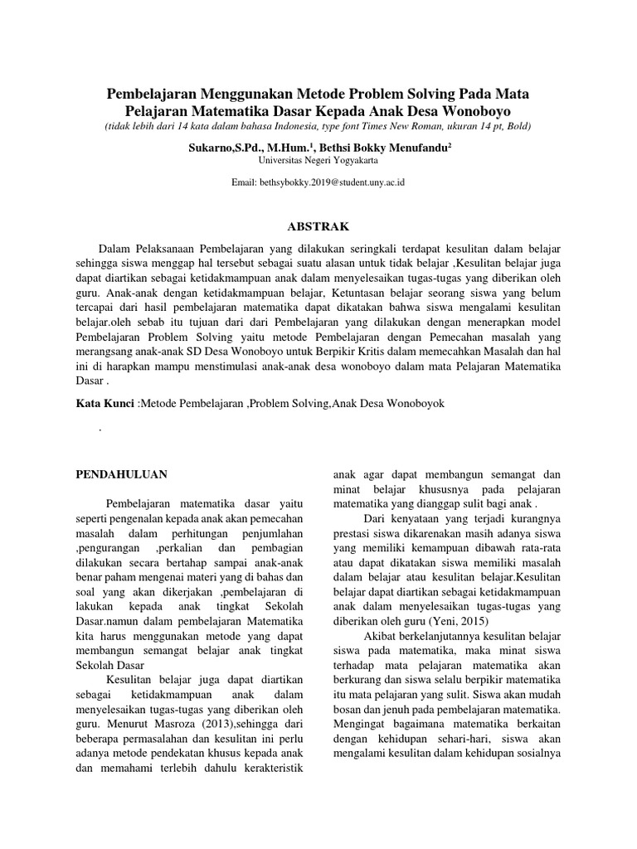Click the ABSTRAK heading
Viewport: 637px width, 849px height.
click(x=318, y=226)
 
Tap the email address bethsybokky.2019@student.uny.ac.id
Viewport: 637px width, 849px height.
click(x=318, y=182)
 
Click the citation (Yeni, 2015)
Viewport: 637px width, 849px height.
click(x=470, y=620)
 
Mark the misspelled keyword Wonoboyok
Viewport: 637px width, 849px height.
click(x=412, y=402)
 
